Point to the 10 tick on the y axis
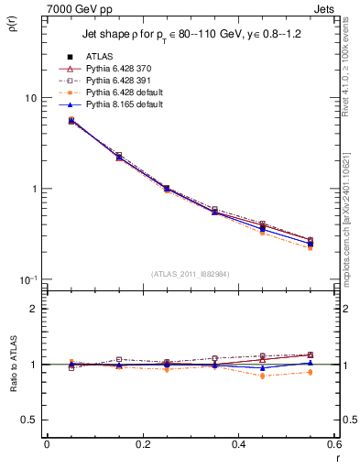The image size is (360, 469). [x=29, y=98]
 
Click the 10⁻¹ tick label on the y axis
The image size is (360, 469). [x=27, y=279]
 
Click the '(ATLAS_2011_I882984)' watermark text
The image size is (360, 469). [x=190, y=274]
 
